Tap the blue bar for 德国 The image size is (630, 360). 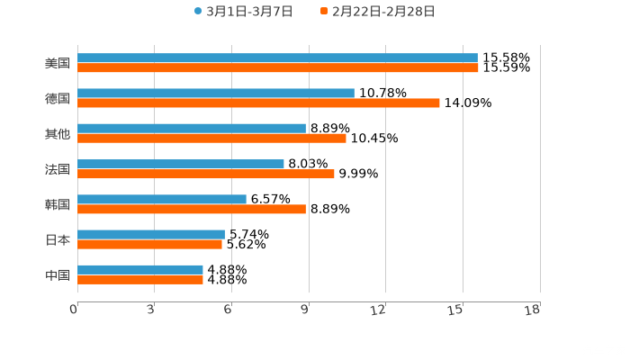[x=216, y=93]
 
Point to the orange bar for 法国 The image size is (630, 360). [x=206, y=174]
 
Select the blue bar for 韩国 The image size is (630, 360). [x=162, y=199]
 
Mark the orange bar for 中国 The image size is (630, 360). [x=140, y=279]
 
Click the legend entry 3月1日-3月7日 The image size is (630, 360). [x=243, y=12]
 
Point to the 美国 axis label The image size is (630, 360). [x=58, y=63]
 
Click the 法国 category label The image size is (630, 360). [x=58, y=169]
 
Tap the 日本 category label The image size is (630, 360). [x=58, y=239]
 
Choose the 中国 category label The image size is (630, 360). [x=58, y=274]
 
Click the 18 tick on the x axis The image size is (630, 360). [x=532, y=310]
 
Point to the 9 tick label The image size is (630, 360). [x=305, y=310]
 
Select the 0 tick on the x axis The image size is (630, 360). [x=74, y=310]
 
